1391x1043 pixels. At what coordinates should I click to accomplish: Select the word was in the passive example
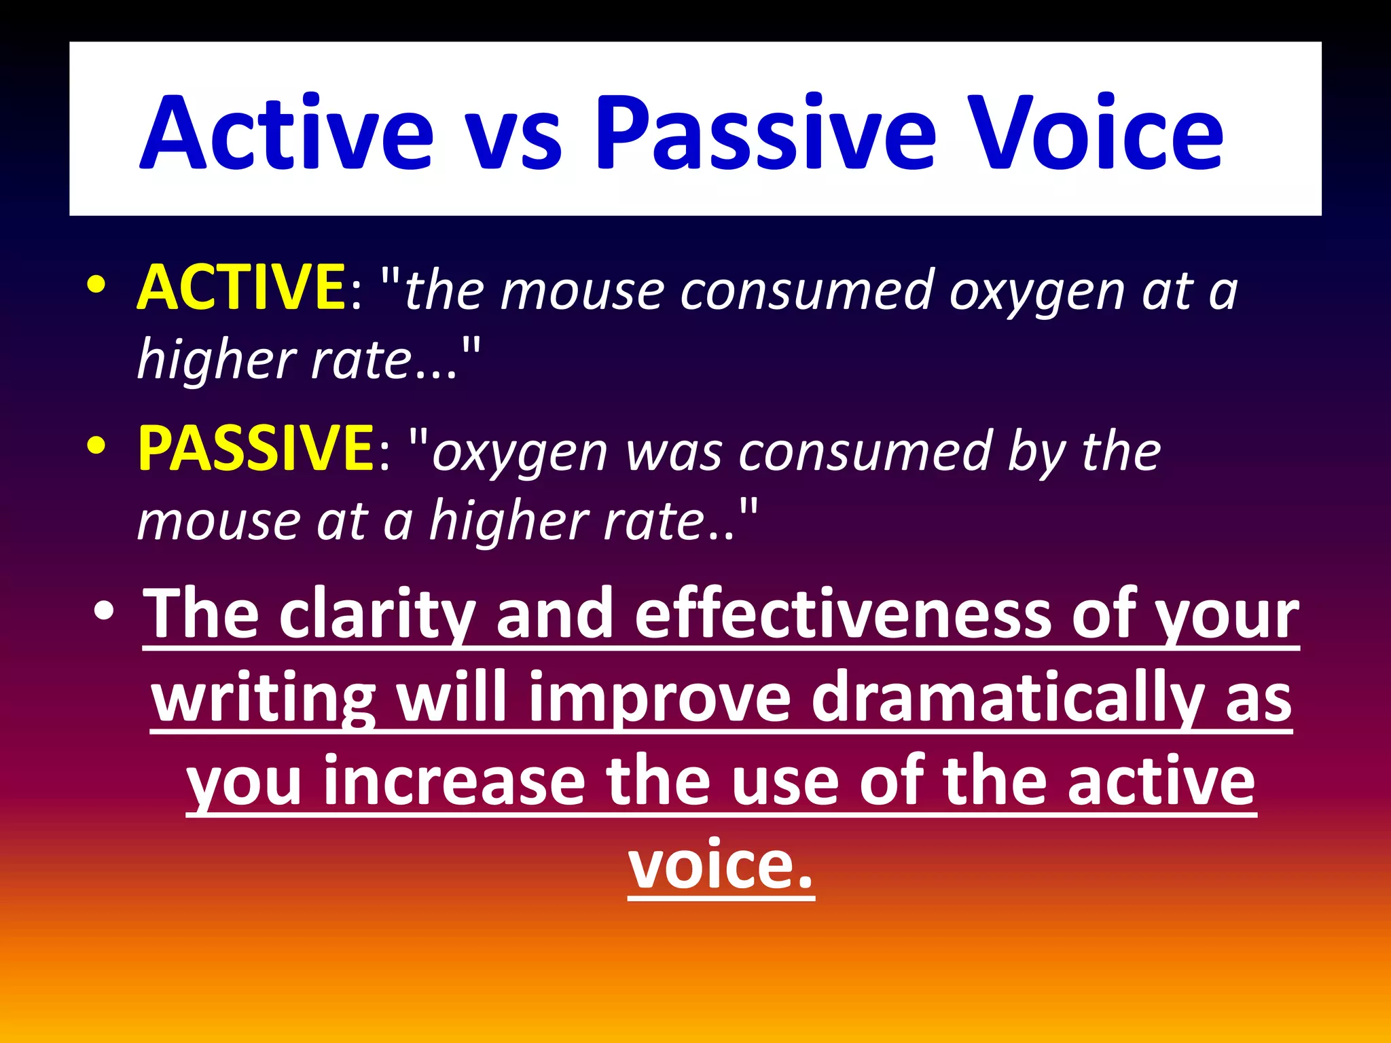(x=673, y=454)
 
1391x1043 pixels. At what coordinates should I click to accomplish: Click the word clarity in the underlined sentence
(x=376, y=615)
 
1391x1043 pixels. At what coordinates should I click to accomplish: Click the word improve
(x=660, y=699)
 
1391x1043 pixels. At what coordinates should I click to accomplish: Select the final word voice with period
(x=720, y=866)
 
